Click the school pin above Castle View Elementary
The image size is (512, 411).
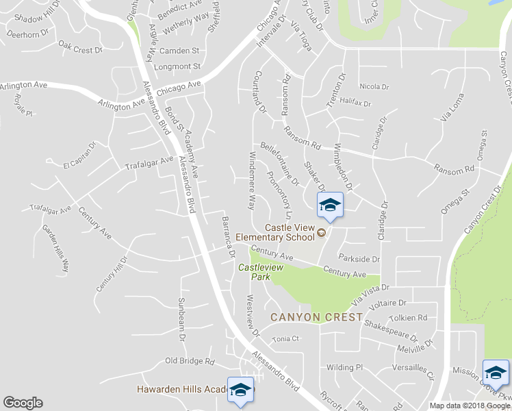click(x=330, y=206)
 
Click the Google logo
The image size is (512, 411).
click(x=23, y=403)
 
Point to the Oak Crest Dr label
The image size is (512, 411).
click(x=80, y=48)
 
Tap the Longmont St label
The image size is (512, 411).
click(x=177, y=66)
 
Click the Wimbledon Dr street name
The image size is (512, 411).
click(x=342, y=167)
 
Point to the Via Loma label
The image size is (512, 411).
click(x=452, y=108)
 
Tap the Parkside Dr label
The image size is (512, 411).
click(x=359, y=260)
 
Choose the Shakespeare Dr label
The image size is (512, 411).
click(x=391, y=329)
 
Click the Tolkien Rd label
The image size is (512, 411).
click(x=408, y=318)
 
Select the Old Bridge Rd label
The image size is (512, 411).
click(x=190, y=361)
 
